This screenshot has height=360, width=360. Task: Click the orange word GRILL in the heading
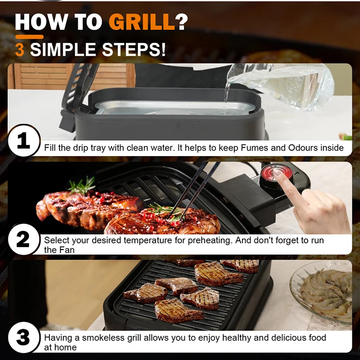coord(142,22)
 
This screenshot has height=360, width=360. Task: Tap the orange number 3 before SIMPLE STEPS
coord(20,49)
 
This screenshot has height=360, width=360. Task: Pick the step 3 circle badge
coord(23,337)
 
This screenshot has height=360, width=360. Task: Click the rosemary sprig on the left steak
coord(82,185)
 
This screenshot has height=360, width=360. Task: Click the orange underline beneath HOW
coord(29,36)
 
